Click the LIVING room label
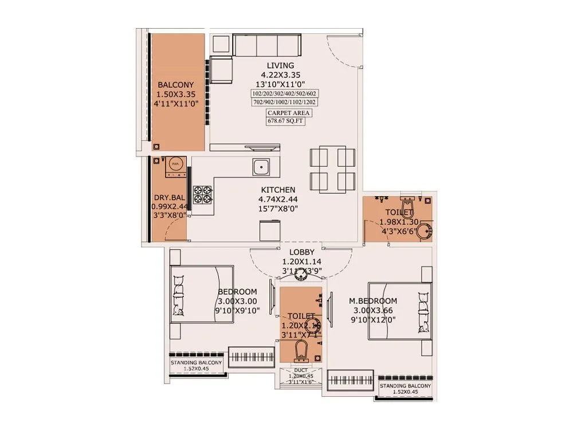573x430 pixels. [280, 65]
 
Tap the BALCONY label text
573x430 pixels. [175, 85]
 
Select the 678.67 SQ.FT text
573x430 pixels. [285, 121]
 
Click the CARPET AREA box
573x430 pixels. [285, 113]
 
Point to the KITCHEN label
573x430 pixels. [278, 190]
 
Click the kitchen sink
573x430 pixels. [261, 167]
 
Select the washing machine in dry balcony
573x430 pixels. [175, 165]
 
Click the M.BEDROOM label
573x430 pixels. [373, 301]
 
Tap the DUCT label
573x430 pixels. [301, 370]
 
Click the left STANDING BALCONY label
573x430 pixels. [196, 363]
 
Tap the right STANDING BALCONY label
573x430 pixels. [405, 386]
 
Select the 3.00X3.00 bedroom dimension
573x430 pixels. [237, 301]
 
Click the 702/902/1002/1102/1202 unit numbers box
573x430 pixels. [285, 102]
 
